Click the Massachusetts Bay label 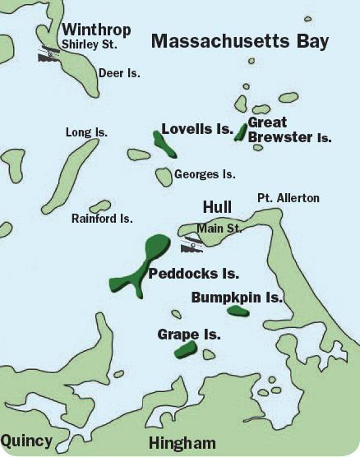241,41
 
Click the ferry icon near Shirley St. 48,55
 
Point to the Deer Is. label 119,73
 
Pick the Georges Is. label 205,174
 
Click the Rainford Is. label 102,219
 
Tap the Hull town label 217,206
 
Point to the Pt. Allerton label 288,198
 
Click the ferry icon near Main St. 192,242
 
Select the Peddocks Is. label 194,273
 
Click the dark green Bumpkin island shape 238,311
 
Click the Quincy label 26,441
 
